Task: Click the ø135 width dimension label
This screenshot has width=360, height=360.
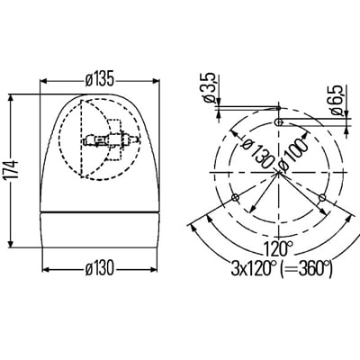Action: point(100,80)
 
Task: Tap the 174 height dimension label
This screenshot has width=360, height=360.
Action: point(13,170)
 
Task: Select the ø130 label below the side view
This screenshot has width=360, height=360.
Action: point(100,268)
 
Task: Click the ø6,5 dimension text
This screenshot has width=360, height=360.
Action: point(337,100)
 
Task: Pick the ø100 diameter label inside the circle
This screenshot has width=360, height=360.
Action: point(293,153)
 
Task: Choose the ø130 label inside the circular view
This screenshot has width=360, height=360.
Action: point(257,152)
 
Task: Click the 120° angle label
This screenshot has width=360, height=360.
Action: point(278,248)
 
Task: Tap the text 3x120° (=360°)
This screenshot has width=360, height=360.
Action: point(282,268)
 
